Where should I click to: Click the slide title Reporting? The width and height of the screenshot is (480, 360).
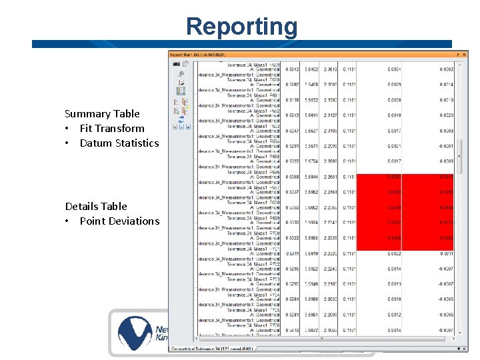(x=241, y=27)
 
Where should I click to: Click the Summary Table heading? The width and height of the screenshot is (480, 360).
(x=102, y=114)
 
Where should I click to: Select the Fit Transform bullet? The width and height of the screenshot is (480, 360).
(x=111, y=129)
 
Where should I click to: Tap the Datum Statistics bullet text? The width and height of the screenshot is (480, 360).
(x=119, y=143)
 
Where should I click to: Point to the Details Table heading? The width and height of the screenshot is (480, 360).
(x=96, y=207)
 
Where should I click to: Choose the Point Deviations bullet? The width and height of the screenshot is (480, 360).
(x=119, y=221)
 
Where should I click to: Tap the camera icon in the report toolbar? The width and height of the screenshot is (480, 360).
(x=177, y=64)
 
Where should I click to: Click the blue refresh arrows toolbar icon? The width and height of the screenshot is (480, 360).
(x=181, y=119)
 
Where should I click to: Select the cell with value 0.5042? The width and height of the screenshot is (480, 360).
(x=291, y=69)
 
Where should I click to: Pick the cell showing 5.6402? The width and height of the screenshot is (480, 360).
(x=311, y=69)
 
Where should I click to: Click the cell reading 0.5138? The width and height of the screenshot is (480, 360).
(x=291, y=100)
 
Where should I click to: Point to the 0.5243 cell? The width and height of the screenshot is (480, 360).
(x=291, y=115)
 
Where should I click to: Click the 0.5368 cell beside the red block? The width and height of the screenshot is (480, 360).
(x=291, y=177)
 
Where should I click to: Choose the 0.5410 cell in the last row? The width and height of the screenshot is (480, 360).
(x=291, y=330)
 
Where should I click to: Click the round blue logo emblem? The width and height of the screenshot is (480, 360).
(x=136, y=333)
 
